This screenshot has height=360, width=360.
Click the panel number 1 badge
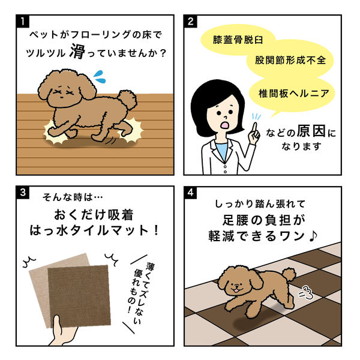(23, 21)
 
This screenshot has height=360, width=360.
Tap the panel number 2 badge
(190, 22)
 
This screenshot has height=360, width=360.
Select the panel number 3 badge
(23, 192)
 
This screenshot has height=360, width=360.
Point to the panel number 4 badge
(190, 193)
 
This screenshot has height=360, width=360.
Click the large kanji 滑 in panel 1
(77, 51)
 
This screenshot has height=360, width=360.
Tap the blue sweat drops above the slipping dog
(100, 77)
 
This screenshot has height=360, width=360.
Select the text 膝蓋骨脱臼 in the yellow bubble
(238, 40)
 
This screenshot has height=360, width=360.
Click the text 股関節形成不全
(290, 60)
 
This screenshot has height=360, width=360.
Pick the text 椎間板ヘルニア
(294, 94)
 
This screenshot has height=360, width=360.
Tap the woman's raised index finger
(255, 129)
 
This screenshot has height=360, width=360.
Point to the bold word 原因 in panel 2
(311, 131)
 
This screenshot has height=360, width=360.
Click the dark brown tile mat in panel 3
(79, 295)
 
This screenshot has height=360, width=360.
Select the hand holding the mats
(62, 331)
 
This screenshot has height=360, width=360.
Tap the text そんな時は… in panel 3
(73, 197)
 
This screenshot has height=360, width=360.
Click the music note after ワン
(313, 236)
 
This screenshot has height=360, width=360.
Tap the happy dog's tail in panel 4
(289, 275)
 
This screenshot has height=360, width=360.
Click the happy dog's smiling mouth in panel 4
(235, 290)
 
